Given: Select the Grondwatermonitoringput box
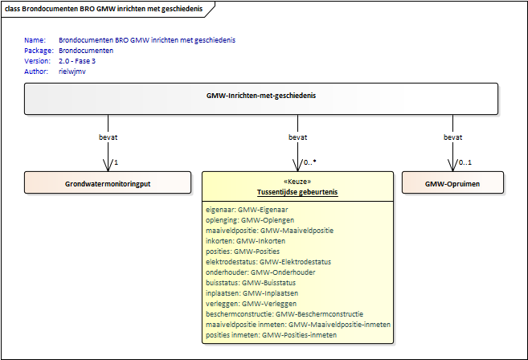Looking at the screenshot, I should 108,183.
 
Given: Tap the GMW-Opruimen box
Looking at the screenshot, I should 453,183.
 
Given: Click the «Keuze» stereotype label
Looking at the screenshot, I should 297,182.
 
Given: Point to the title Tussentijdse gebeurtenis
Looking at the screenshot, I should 297,191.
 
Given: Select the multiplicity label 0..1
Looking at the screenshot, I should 464,162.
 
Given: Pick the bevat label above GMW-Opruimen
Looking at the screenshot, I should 453,137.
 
